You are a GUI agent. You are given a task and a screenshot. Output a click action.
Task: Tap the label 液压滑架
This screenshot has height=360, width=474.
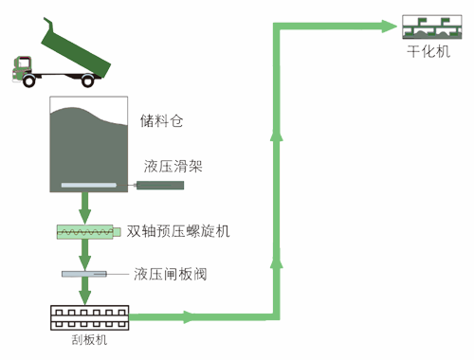coord(172,167)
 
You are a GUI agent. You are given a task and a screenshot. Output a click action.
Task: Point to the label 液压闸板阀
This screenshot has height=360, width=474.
coord(171,276)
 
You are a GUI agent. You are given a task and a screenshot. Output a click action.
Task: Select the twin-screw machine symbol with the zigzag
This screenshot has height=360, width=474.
coord(89,230)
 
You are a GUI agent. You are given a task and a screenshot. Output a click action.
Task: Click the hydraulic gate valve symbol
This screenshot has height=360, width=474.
coord(87,275)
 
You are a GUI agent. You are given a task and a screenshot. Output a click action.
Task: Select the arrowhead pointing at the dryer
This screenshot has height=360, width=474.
coord(389,25)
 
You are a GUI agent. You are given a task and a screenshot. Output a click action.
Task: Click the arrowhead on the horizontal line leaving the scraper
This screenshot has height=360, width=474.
coord(195,316)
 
